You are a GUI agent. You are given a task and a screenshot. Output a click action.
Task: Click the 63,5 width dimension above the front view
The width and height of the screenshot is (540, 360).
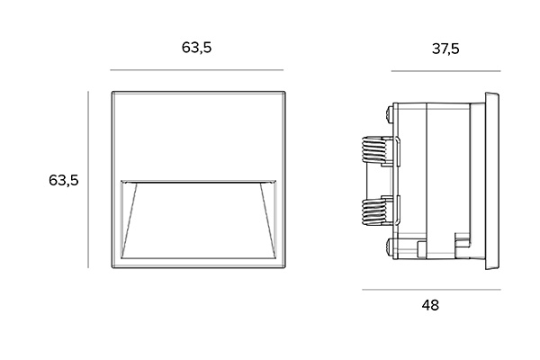[x=196, y=48]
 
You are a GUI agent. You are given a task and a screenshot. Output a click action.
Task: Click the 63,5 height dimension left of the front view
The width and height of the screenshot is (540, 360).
[x=64, y=180]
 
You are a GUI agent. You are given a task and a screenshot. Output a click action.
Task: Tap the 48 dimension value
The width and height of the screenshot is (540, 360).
[x=430, y=305]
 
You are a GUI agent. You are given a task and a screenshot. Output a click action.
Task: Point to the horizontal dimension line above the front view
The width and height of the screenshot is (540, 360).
[x=196, y=70]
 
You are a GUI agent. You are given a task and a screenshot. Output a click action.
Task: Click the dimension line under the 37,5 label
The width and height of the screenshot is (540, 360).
[x=445, y=70]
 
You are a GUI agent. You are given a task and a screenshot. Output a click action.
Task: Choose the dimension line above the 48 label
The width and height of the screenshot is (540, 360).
[x=430, y=290]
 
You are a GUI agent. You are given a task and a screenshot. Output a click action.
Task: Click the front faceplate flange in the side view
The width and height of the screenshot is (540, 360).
[x=491, y=180]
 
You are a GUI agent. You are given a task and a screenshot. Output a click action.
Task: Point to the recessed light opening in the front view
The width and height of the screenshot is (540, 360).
[x=196, y=220]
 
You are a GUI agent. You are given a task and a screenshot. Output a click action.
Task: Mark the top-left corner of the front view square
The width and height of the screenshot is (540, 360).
[x=111, y=91]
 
